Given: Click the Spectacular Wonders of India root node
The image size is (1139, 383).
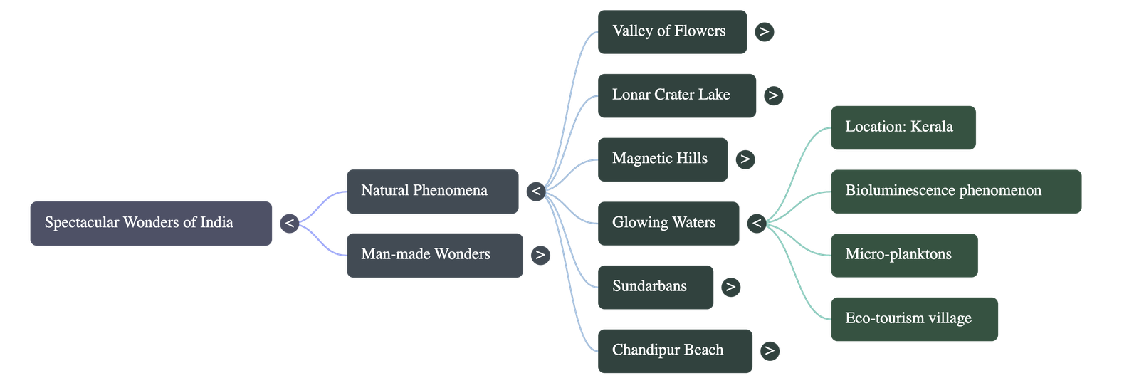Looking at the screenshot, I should point(151,224).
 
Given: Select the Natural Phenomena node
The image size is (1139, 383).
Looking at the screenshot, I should point(432,191).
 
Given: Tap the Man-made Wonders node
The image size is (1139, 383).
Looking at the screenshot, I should point(434,255).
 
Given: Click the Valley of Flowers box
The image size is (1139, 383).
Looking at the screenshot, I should point(672,31).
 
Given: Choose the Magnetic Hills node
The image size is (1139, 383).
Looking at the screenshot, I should point(662,159).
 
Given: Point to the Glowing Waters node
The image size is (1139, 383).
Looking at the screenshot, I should point(668,223).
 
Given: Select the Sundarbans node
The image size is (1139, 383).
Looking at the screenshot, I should point(655,287).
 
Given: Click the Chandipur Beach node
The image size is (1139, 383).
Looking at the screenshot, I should point(674,350).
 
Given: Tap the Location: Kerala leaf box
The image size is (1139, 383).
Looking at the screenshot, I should point(903,127).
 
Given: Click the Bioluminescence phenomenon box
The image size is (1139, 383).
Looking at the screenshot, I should point(955,191).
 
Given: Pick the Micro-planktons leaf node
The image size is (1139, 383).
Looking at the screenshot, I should point(903,255).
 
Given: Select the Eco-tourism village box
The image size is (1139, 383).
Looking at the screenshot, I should point(914,319).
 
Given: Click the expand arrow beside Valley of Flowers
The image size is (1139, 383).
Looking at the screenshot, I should point(764,32).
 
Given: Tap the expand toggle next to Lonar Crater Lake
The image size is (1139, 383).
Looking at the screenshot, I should point(773,95).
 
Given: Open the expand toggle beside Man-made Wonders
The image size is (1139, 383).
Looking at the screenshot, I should point(540,255).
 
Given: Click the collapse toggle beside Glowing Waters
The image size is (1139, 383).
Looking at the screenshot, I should point(757,224).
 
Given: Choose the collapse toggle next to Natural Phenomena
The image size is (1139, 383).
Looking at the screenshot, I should point(536,191).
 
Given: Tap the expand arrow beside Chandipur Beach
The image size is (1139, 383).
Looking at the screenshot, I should point(769,351).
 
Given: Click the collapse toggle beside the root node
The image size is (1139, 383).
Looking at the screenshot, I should point(289,224).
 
